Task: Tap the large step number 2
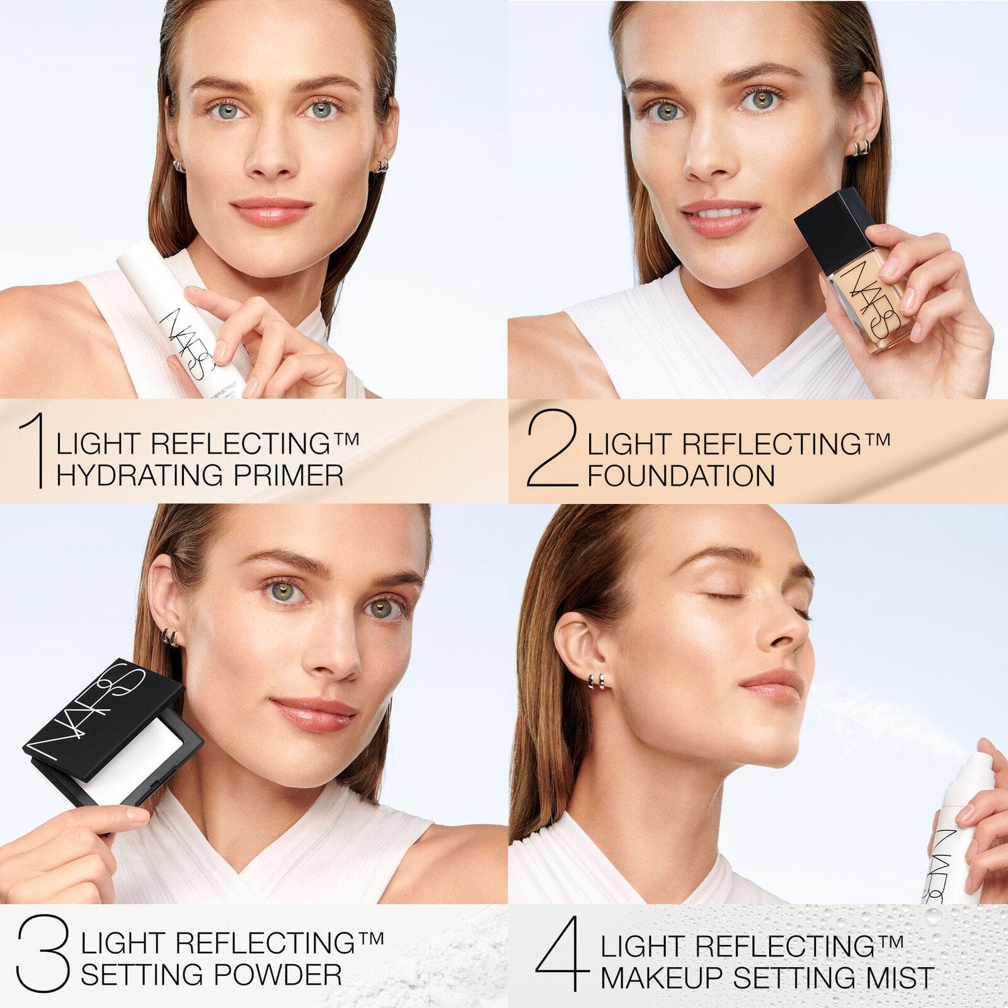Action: (552, 449)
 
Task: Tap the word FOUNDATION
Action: (680, 476)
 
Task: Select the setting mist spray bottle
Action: (954, 832)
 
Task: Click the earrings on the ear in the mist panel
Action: (597, 681)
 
